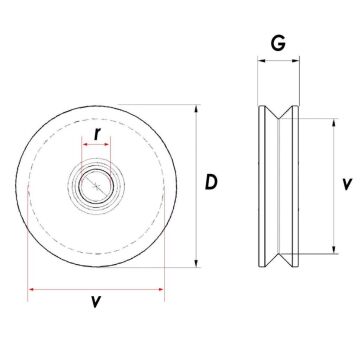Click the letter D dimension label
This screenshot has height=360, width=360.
pos(211,182)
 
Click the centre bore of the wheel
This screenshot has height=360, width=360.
pos(95,183)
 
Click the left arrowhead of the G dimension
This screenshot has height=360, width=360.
pos(261,60)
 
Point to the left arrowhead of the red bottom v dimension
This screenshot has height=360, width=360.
pos(31,290)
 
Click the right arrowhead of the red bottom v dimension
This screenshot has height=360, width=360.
pos(161,290)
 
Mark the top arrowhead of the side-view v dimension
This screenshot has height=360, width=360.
pos(329,120)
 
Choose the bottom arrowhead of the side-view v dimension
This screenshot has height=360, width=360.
pos(329,251)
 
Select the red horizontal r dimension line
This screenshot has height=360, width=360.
pos(96,145)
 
